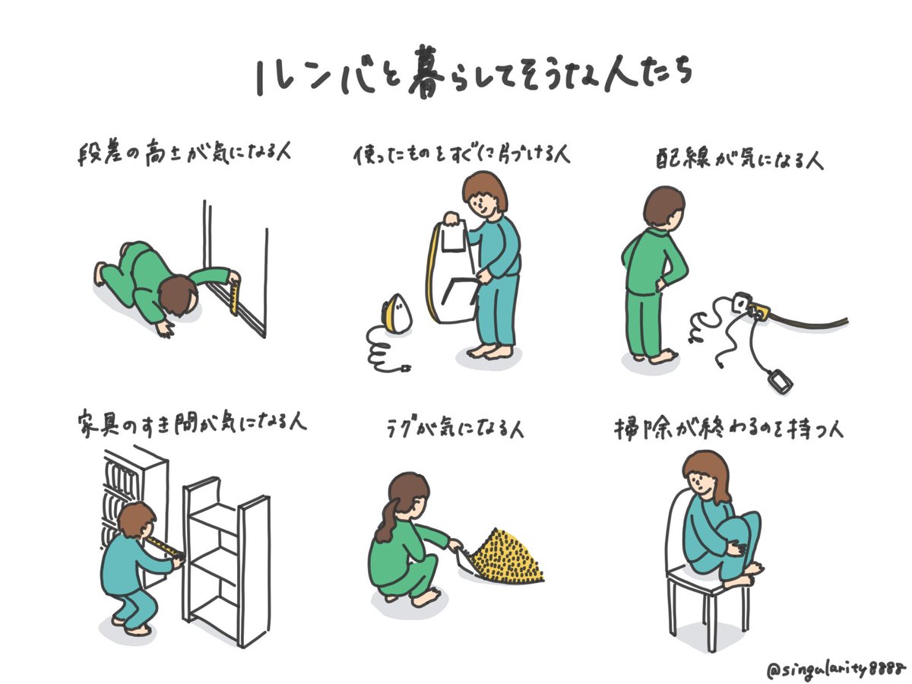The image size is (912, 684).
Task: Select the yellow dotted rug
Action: [x=507, y=556]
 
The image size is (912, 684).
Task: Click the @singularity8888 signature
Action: [x=835, y=669]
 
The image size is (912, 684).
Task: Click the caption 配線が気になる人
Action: [x=739, y=159]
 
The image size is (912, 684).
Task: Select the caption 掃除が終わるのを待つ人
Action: [x=729, y=429]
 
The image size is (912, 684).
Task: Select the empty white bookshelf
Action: [x=226, y=561]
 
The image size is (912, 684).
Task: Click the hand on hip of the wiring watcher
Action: [x=660, y=285]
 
